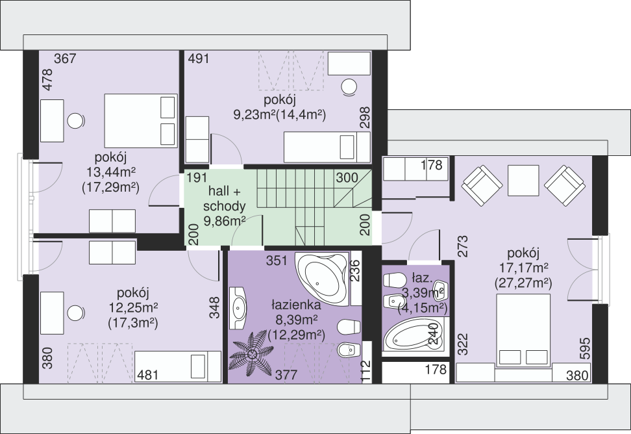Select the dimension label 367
click(65, 58)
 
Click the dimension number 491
click(199, 58)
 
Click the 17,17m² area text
click(523, 268)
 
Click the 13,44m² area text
click(110, 172)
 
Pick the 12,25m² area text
click(133, 308)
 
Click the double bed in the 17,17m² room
click(523, 330)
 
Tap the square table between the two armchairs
click(523, 181)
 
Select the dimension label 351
click(277, 261)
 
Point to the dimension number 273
click(464, 246)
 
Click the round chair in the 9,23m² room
click(349, 87)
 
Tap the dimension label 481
click(148, 376)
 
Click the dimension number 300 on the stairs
click(347, 177)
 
